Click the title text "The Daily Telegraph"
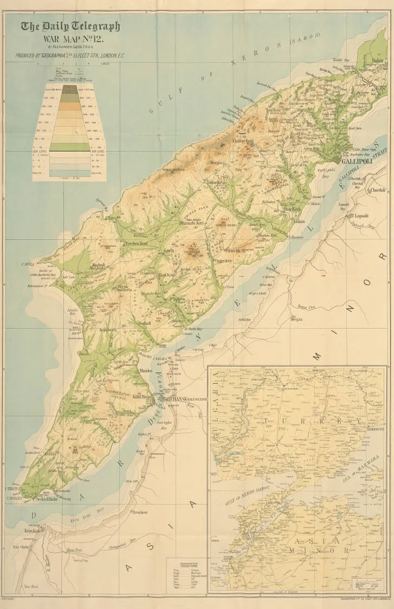pos(70,27)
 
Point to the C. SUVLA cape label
pos(28,264)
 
